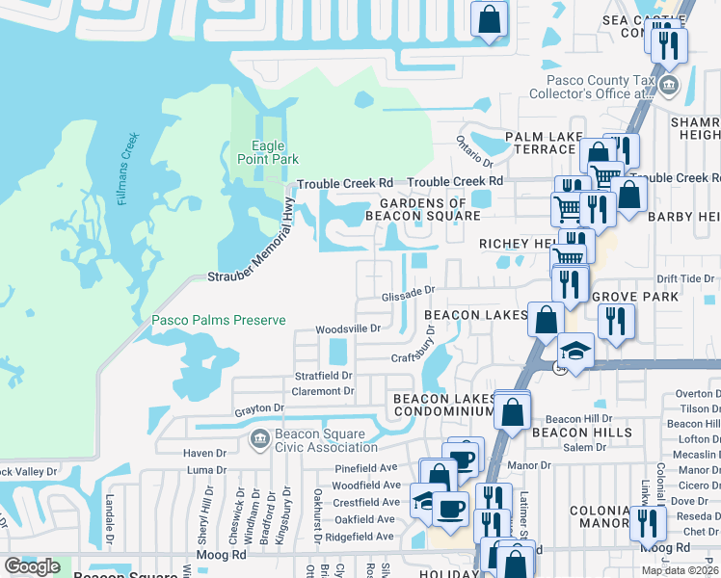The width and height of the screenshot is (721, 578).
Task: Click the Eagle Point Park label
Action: point(269,152)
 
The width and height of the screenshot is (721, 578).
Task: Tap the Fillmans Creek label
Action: point(126,177)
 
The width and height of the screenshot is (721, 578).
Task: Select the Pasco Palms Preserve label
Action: point(218,320)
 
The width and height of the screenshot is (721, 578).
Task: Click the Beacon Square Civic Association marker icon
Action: point(257,440)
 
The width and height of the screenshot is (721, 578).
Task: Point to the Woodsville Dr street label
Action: point(349,328)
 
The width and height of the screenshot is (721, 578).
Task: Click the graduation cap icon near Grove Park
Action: point(575,350)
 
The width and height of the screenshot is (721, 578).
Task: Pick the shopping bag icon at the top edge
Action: point(490,17)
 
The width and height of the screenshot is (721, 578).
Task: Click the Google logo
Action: point(32,566)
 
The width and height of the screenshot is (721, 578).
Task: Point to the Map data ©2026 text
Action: point(681,570)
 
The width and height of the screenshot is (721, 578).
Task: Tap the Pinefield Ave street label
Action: point(366,468)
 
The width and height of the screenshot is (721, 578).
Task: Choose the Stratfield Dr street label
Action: point(324,376)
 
